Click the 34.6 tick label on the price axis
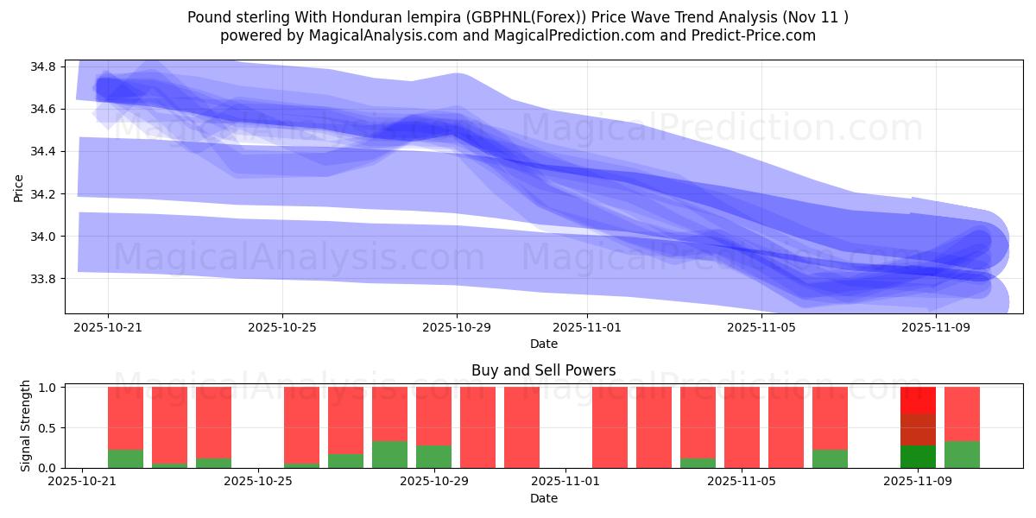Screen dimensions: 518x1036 tap(44, 109)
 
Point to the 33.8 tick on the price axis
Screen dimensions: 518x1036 tap(44, 279)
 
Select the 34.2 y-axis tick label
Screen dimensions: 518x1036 tap(44, 194)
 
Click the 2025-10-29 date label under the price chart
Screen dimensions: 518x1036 tap(457, 328)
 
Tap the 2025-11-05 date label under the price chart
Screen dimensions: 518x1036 tap(761, 328)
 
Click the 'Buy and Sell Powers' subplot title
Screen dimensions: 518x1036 tap(543, 370)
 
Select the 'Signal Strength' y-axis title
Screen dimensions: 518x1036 tap(26, 426)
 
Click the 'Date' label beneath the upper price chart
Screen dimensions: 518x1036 tap(543, 344)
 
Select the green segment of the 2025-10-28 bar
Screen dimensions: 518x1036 tap(389, 455)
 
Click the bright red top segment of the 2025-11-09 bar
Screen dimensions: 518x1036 tap(918, 400)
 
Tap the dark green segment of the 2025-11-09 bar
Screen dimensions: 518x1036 tap(918, 457)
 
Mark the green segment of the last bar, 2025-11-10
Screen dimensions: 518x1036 tap(962, 455)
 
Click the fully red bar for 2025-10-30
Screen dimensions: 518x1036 tap(477, 427)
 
